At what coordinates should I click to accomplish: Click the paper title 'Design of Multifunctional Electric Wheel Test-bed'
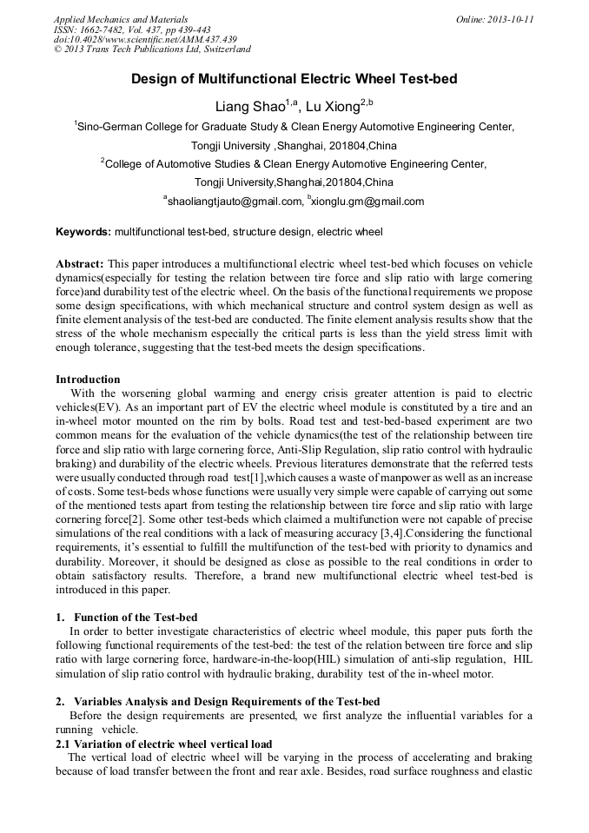coord(294,79)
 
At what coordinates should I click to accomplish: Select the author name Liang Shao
coord(253,106)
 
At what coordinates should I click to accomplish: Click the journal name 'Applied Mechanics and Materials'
coord(121,19)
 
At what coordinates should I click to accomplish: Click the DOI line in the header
coord(145,40)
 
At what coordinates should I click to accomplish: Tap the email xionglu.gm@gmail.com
coord(368,202)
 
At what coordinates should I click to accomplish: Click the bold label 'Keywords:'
coord(83,233)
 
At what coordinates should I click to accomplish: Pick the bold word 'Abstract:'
coord(80,263)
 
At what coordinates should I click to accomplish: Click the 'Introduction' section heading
coord(88,379)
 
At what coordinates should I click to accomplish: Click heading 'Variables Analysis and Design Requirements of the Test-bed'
coord(226,701)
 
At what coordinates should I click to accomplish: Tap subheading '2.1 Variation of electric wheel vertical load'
coord(164,744)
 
